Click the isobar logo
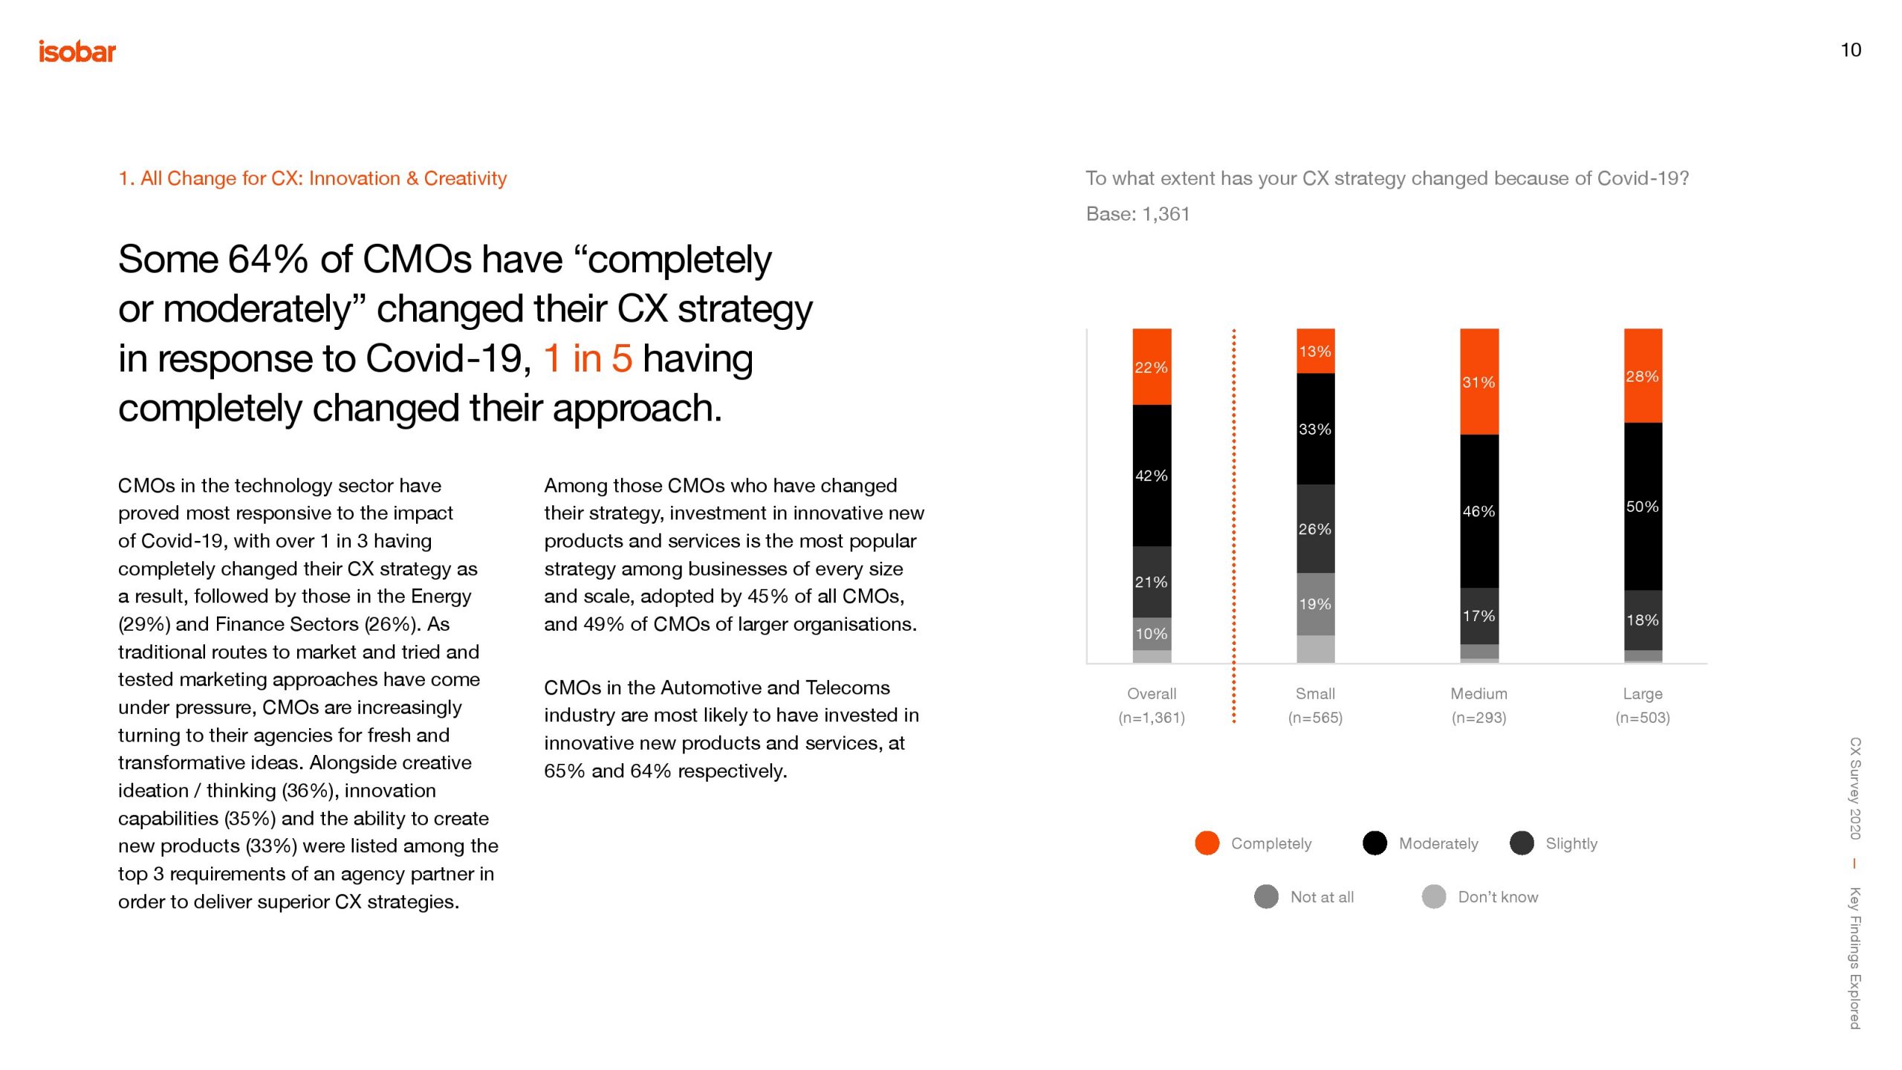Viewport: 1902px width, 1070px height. coord(77,52)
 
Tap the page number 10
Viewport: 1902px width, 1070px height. coord(1850,50)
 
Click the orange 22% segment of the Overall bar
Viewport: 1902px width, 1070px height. coord(1152,366)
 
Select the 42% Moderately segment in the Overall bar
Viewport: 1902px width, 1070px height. coord(1152,476)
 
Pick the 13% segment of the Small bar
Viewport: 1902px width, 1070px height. coord(1315,351)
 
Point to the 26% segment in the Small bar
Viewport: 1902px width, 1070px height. coord(1315,528)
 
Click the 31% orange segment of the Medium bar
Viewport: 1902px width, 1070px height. coord(1479,382)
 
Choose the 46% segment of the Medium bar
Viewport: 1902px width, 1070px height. coord(1479,511)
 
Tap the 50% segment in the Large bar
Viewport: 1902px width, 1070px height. coord(1643,507)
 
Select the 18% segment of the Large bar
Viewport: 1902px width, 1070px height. coord(1643,620)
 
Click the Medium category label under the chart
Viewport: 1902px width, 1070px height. coord(1479,693)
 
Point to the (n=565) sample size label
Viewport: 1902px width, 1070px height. coord(1315,717)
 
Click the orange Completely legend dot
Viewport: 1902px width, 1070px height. coord(1207,843)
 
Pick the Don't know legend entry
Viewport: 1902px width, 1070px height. coord(1497,897)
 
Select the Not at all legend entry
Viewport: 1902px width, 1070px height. coord(1321,897)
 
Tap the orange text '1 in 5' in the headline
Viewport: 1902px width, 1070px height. coord(588,359)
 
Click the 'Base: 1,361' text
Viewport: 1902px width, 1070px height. coord(1137,214)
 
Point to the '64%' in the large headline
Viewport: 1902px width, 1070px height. coord(267,260)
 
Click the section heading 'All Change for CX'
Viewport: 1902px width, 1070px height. coord(312,178)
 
